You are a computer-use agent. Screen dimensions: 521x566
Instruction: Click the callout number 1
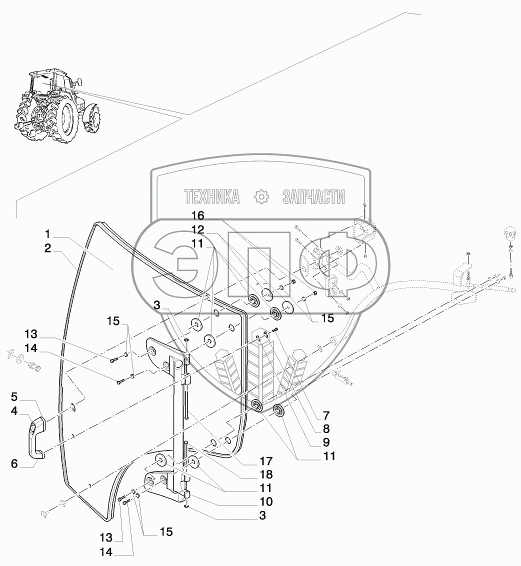coord(47,234)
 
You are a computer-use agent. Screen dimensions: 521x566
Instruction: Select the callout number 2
coord(47,248)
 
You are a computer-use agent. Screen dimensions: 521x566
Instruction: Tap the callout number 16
coord(198,216)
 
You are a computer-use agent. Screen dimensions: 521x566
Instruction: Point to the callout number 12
coord(198,230)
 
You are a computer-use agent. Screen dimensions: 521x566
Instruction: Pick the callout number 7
coord(326,415)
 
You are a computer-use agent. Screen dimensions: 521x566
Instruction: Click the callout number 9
coord(326,442)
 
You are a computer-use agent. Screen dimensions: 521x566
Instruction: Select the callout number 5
coord(14,397)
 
